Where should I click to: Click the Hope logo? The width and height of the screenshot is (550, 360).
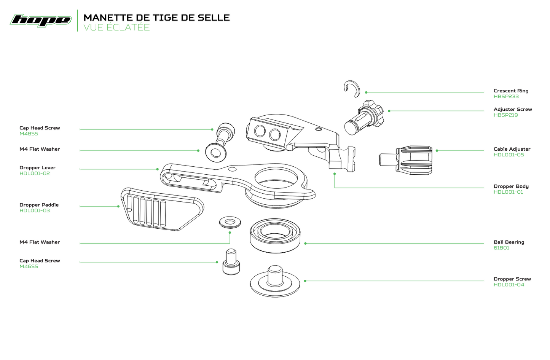pos(41,21)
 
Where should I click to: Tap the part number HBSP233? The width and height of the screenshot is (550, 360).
pos(506,97)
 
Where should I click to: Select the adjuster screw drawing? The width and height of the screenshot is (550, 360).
pos(363,117)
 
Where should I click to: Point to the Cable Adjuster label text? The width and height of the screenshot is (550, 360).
pos(512,149)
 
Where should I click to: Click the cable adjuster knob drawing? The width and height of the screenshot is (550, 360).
pos(406,160)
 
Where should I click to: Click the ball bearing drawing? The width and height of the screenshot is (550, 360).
pos(275,235)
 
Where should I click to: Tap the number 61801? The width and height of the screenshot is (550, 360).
pos(501,248)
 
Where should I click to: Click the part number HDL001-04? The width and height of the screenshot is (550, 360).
pos(509,285)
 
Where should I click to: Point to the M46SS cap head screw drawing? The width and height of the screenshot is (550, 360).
pos(231,262)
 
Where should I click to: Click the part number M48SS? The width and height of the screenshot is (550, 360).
pos(29,134)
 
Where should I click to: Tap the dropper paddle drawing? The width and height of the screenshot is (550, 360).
pos(162,209)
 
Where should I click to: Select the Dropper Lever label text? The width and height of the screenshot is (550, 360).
pos(37,168)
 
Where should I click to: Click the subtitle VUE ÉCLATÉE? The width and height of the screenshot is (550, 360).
pos(116,27)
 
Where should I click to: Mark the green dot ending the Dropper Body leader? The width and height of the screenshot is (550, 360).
pos(335,174)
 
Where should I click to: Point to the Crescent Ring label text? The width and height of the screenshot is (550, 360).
pos(511,91)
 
